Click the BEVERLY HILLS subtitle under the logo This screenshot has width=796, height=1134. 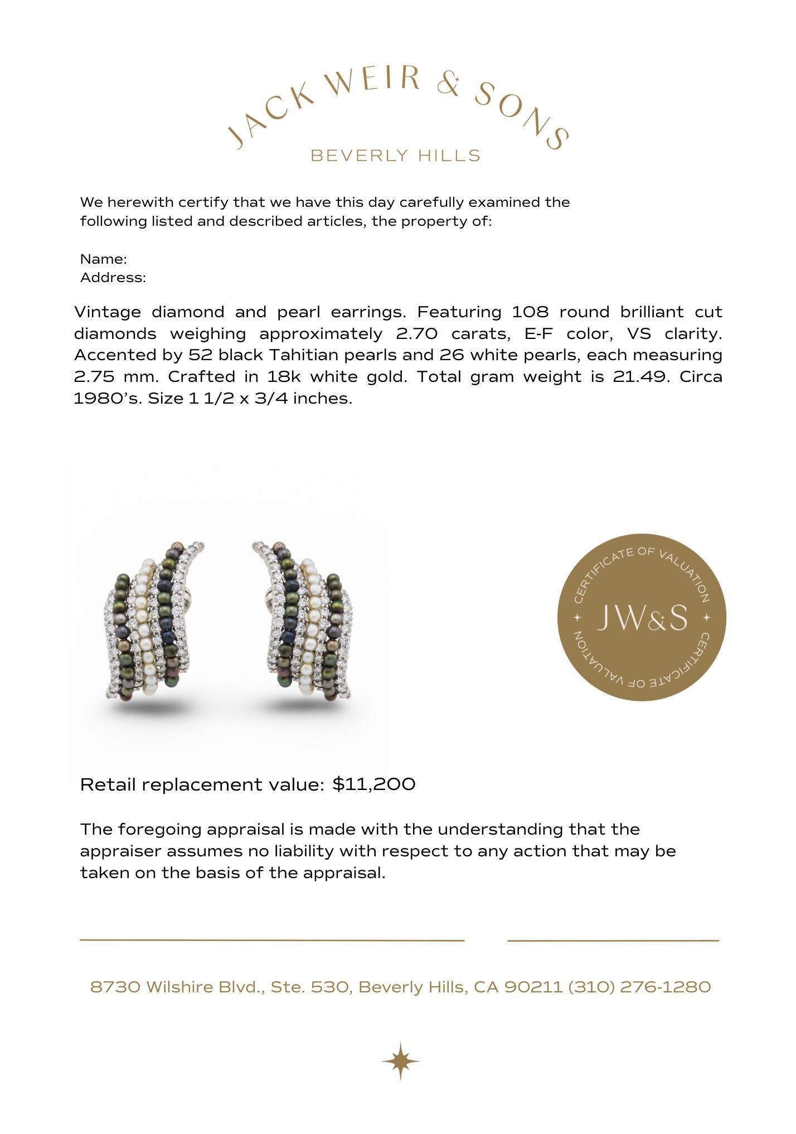click(395, 156)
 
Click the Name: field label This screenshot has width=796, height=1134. click(104, 259)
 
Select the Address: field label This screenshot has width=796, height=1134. click(113, 278)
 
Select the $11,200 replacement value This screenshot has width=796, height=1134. click(374, 784)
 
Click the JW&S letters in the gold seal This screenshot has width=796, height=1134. click(642, 618)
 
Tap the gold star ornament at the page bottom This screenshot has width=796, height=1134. click(400, 1061)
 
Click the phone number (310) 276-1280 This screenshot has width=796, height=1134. click(639, 987)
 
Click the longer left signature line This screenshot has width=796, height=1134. click(272, 940)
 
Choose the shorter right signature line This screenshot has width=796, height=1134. click(613, 941)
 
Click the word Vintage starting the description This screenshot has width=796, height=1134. click(107, 312)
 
